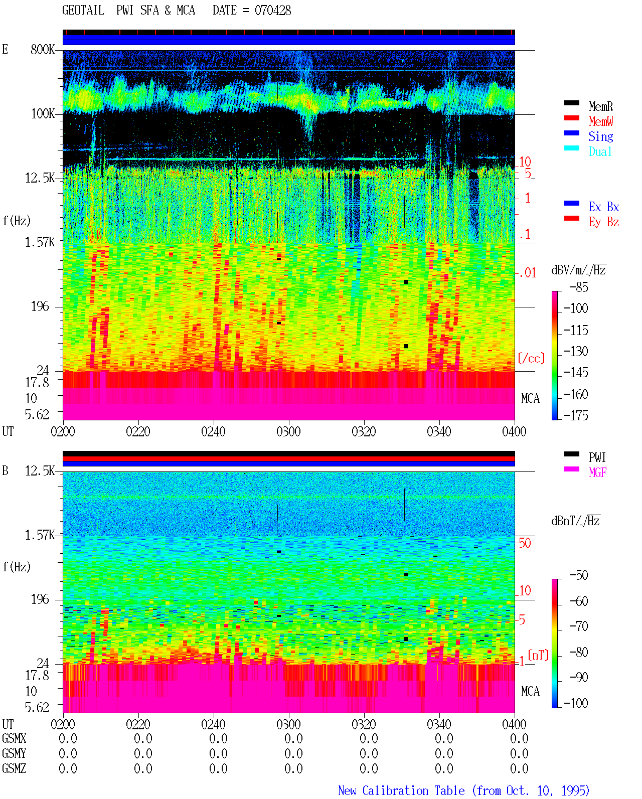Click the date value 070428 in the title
[272, 11]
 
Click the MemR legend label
[601, 106]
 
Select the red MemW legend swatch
[571, 118]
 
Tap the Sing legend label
[601, 136]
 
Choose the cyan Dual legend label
[600, 151]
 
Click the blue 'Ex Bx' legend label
[604, 207]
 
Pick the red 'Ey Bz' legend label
[604, 222]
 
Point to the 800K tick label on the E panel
[43, 49]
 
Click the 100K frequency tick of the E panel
[43, 114]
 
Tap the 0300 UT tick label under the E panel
[288, 431]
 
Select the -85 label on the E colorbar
[579, 287]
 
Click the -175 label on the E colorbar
[576, 415]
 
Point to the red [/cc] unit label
[531, 358]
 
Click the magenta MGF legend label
[598, 472]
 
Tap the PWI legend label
[597, 457]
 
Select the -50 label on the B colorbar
[579, 575]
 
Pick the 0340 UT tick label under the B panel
[439, 724]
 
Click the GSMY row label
[14, 753]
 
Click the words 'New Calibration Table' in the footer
[401, 790]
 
